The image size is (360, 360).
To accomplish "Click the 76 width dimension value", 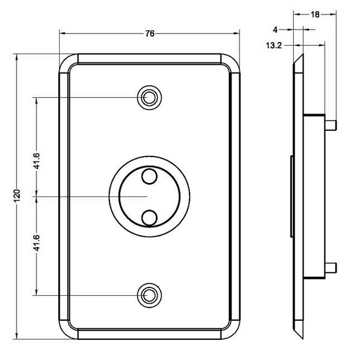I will click(150, 33).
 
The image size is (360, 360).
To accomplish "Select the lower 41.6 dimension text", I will click(36, 244).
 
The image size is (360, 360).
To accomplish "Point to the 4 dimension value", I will click(275, 30).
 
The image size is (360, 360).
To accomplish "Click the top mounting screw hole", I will click(149, 98).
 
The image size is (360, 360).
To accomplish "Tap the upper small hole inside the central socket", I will click(149, 177).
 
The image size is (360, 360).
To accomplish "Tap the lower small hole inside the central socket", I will click(149, 217).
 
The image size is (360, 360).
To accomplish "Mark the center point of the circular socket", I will click(149, 196).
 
